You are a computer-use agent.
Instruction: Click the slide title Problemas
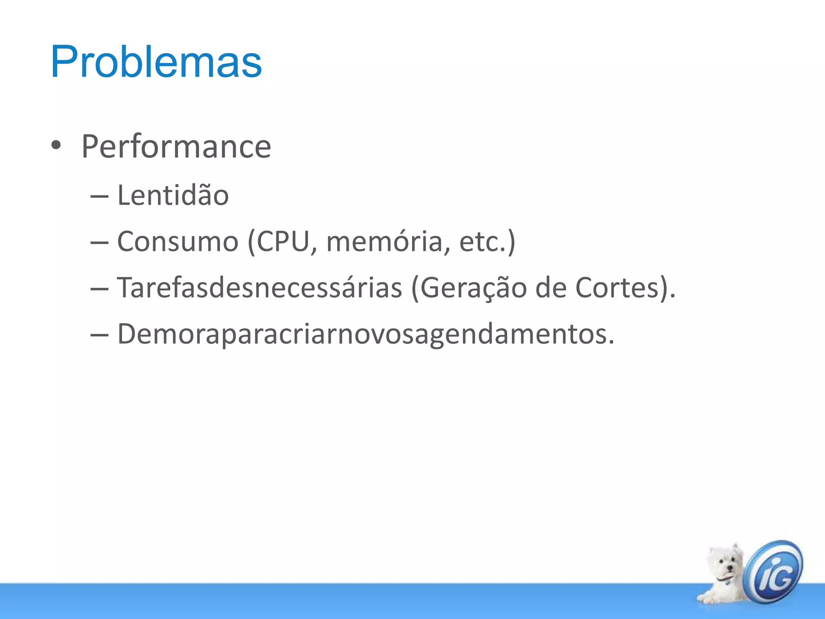(x=156, y=62)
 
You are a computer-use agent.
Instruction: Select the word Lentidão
(x=173, y=195)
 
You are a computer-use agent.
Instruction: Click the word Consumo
(x=178, y=242)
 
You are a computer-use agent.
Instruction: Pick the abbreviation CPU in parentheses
(x=283, y=242)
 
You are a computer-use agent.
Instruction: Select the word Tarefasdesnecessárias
(x=259, y=288)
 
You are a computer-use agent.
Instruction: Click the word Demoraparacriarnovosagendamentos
(x=365, y=334)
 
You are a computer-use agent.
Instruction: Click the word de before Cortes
(x=551, y=288)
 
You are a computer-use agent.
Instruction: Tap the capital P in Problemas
(x=64, y=62)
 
